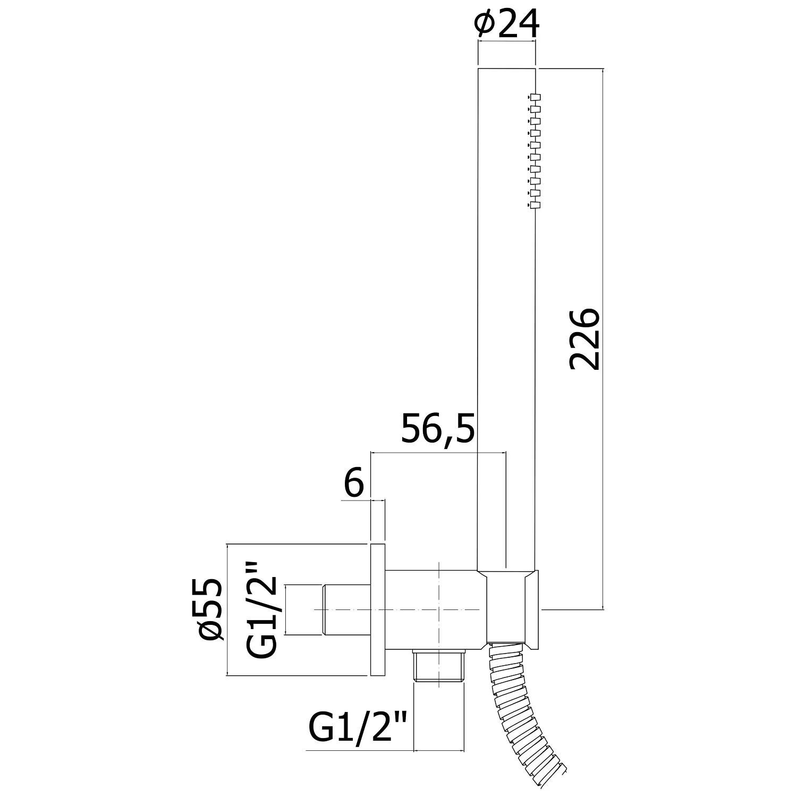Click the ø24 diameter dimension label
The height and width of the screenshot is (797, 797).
pos(508,24)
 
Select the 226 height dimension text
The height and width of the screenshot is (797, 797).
pos(584,338)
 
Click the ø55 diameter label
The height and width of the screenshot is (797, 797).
pos(209,609)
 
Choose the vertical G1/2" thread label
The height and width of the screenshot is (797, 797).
pos(262,609)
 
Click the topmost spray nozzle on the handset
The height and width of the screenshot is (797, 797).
pos(535,97)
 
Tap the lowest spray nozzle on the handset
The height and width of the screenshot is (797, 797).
pos(535,205)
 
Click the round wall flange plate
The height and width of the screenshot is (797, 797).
pos(377,609)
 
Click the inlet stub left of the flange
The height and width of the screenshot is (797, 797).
pos(345,609)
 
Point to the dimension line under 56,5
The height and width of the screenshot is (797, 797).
pos(438,453)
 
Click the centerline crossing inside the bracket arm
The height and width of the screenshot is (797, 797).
pos(439,609)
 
